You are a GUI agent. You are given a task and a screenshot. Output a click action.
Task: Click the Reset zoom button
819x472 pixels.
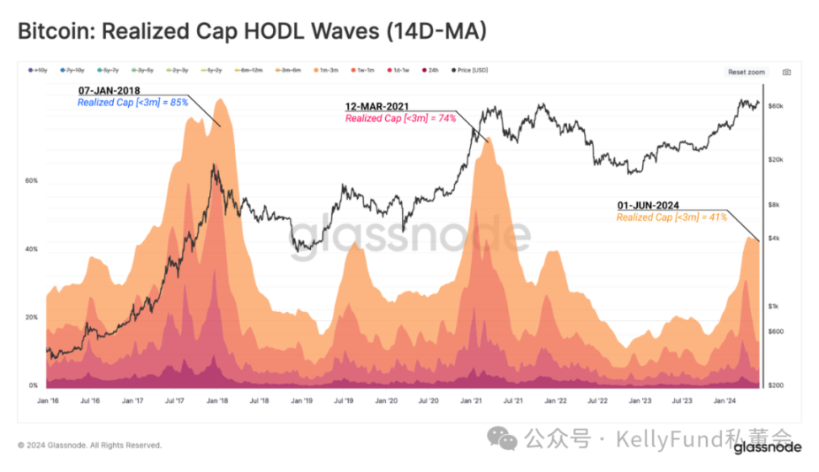click(746, 72)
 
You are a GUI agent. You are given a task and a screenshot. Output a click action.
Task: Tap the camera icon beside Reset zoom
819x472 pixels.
click(786, 72)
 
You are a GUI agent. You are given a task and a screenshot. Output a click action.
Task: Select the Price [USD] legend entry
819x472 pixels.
click(469, 71)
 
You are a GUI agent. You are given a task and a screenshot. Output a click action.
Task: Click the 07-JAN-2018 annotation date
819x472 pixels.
click(108, 90)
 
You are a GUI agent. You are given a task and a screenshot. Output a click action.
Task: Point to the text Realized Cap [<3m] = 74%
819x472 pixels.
click(400, 119)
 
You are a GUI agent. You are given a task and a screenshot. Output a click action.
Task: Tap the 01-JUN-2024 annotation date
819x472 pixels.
click(648, 206)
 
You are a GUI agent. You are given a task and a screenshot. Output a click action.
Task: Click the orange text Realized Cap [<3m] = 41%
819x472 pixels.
click(660, 217)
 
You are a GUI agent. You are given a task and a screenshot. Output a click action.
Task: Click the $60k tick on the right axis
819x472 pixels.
click(777, 105)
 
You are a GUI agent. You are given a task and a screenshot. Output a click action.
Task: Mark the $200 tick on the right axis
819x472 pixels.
click(777, 385)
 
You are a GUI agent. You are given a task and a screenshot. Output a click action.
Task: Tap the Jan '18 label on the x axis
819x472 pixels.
click(217, 402)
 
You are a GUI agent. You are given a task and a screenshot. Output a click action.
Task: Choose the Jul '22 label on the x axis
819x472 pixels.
click(596, 402)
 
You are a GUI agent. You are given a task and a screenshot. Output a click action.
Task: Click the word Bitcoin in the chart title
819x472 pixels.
click(52, 31)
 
